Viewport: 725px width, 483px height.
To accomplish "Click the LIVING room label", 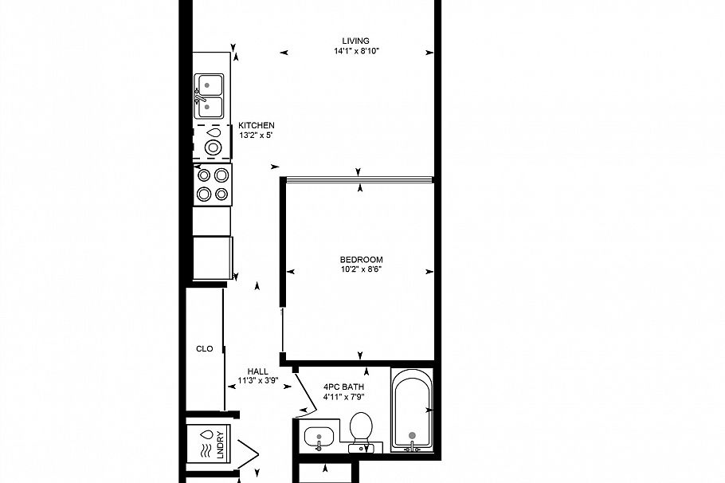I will pos(355,41).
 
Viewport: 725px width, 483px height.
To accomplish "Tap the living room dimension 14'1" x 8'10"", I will pos(355,51).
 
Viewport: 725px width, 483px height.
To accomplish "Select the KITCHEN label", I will pos(257,125).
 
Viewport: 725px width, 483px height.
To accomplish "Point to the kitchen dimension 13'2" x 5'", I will pos(257,135).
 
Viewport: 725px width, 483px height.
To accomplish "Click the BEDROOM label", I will pos(361,259).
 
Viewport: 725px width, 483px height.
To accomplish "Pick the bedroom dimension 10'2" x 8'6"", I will pos(361,269).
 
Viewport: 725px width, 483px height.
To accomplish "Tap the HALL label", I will pos(257,371).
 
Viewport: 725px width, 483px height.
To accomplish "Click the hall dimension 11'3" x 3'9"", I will pos(257,381).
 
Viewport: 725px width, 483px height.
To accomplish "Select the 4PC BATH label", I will pos(343,386).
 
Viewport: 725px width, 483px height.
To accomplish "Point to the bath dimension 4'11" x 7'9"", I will pos(343,396).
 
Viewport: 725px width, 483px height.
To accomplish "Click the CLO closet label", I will pos(204,348).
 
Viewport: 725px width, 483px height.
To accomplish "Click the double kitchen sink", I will pos(210,95).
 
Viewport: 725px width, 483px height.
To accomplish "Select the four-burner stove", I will pos(212,184).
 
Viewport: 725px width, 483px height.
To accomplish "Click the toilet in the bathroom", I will pos(362,430).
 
